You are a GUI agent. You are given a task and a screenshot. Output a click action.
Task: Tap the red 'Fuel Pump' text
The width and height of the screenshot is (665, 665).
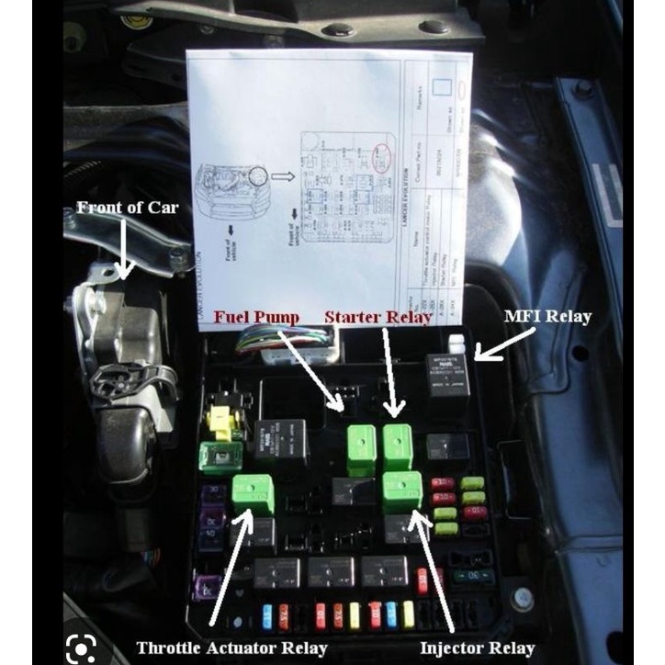point(257,318)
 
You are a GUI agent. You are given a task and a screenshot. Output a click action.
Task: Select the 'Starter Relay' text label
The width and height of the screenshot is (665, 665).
point(378,318)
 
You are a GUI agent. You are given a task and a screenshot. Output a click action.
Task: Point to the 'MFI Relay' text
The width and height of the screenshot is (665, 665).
point(547,317)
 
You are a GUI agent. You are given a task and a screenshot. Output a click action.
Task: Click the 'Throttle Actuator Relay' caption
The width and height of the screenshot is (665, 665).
point(231,647)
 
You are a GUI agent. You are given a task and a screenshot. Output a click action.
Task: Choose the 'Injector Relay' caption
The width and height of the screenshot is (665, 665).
point(475,648)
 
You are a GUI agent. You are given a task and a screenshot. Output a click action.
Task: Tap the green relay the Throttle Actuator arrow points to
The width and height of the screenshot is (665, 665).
point(253,494)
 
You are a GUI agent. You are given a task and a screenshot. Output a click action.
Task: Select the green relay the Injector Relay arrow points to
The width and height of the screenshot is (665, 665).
point(401,490)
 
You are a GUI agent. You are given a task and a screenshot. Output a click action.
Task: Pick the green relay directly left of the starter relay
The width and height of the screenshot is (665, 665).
point(359,449)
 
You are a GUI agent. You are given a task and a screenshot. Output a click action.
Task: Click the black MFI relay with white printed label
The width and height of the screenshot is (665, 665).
point(447,378)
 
